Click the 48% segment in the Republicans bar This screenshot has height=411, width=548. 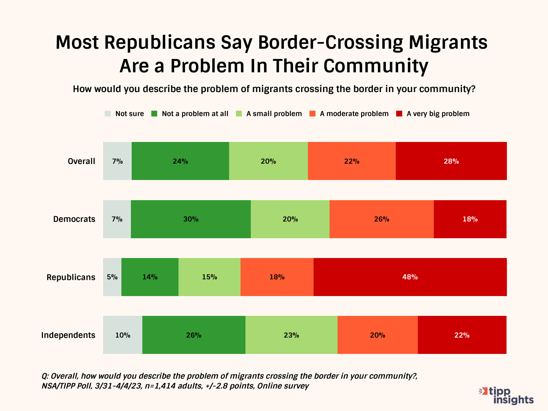click(410, 277)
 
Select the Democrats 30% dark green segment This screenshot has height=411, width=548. click(191, 219)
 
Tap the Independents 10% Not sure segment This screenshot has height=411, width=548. click(123, 335)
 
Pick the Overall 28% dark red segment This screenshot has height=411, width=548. click(451, 161)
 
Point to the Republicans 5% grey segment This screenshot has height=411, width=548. click(112, 277)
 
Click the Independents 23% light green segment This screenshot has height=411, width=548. click(291, 335)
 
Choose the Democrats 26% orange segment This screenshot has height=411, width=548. click(381, 219)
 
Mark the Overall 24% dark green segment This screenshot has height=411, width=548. click(180, 161)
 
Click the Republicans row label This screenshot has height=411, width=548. click(71, 277)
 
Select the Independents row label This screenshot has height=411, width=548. click(68, 335)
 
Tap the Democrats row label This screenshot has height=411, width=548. click(74, 219)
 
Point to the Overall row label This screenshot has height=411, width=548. click(81, 161)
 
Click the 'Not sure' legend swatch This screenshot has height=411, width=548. click(108, 114)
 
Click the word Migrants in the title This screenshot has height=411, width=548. click(448, 43)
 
